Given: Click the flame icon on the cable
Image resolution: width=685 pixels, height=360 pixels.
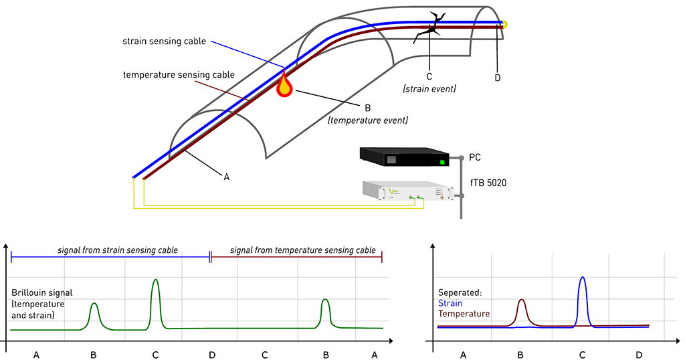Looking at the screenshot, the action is pos(284,84).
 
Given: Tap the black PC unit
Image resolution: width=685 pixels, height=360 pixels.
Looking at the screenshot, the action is pos(404,157).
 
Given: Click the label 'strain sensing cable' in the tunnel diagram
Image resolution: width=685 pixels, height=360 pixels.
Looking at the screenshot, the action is pos(164,41).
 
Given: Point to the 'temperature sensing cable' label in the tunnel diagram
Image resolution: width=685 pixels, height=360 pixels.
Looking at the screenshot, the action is pos(179,75).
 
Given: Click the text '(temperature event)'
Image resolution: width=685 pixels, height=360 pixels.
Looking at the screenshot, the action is pos(368,120).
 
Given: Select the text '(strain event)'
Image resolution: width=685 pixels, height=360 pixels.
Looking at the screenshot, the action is pos(429,89).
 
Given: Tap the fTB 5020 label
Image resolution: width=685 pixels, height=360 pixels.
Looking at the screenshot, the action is pos(488,183).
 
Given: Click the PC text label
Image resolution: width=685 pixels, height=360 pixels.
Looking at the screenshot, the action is pos(475,157).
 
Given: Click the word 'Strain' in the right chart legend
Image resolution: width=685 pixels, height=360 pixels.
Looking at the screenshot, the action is pos(450,303).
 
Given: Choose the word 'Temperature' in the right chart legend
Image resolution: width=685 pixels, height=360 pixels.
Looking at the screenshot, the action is pos(464,314).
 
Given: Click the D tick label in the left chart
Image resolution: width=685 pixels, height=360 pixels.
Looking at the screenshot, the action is pos(212,355).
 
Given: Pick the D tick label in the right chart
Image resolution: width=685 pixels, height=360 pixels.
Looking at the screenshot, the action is pos(639,355).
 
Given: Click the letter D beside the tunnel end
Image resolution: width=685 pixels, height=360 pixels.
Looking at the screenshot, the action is pos(498,78).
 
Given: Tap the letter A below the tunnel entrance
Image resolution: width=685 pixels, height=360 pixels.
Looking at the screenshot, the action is pos(226,177).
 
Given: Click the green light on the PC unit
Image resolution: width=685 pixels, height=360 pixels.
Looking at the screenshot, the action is pos(442,162).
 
